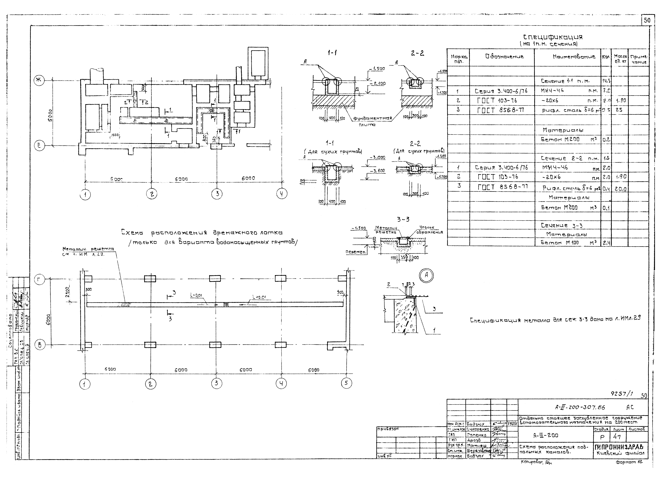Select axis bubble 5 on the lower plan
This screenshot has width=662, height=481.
tap(346, 383)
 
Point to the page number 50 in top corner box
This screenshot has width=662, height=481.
tap(647, 20)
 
